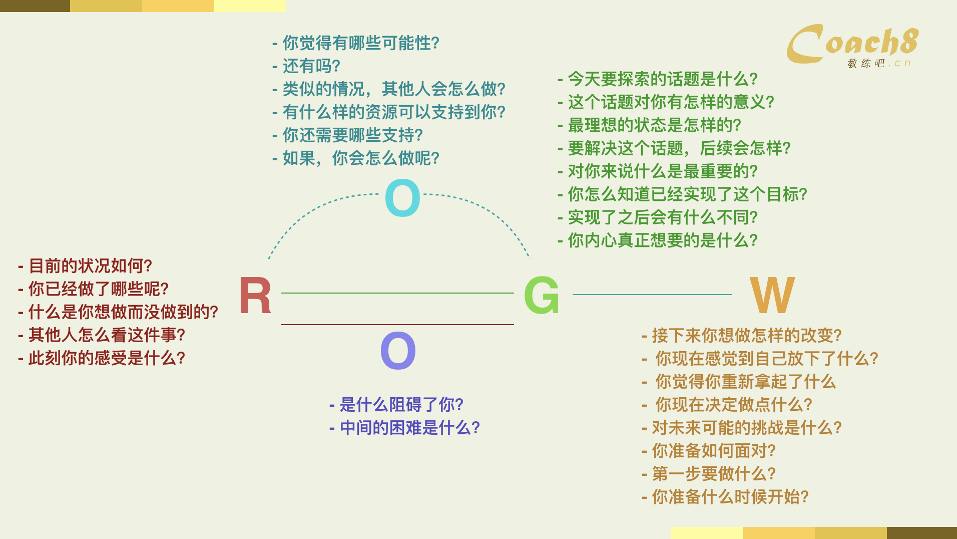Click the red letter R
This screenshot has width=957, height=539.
255,296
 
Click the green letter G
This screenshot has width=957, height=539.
541,296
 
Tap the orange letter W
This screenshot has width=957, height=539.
772,295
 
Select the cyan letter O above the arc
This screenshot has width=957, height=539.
402,198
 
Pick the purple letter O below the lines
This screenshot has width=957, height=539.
398,351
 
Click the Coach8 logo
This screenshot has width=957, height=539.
853,45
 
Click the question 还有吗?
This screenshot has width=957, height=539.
311,66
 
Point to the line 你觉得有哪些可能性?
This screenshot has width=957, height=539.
361,43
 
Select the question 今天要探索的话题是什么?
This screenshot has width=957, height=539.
663,79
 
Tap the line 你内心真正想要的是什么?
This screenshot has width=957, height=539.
663,240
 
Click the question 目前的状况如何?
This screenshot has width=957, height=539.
90,266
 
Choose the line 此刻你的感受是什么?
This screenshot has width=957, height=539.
107,358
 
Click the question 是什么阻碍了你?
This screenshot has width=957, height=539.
401,405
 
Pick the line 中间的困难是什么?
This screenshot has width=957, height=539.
410,428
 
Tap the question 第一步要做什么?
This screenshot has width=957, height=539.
714,474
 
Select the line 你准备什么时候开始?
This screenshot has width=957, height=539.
730,497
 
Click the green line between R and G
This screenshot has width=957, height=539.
397,293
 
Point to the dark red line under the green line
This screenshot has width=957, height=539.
397,325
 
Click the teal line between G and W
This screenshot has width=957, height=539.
652,295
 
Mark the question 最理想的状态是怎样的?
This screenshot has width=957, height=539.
655,125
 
